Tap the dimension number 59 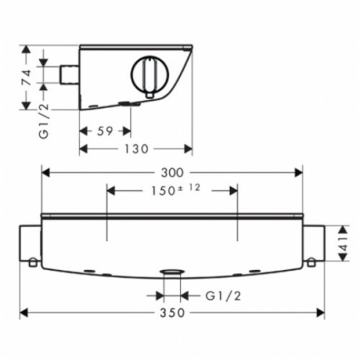[104, 131]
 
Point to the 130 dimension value [135, 149]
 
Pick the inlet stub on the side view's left [69, 74]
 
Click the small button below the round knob [150, 95]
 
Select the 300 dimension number [172, 172]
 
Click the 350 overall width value [172, 313]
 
